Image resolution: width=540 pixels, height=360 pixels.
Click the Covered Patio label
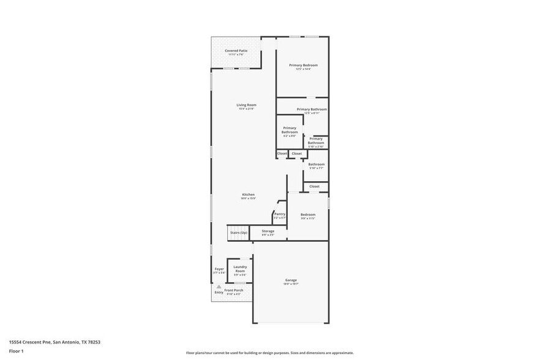[x=236, y=51]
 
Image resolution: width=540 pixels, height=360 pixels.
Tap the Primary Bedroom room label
[x=303, y=66]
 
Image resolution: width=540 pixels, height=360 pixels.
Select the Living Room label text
[x=246, y=105]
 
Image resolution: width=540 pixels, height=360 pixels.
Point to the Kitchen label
[x=248, y=195]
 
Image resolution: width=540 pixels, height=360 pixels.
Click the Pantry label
[x=280, y=214]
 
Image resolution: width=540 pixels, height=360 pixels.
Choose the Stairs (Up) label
[x=238, y=233]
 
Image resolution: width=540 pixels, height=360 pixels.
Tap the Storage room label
[x=268, y=231]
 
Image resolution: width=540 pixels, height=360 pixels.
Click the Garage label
[x=291, y=280]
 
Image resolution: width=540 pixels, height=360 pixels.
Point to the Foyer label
[x=219, y=269]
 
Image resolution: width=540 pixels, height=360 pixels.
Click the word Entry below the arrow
[x=219, y=293]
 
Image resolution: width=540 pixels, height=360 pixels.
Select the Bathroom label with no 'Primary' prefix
[x=316, y=164]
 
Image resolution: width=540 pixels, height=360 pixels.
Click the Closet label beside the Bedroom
[x=314, y=186]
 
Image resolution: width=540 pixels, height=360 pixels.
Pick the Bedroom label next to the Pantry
[x=307, y=215]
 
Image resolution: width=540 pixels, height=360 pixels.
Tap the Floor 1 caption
[x=16, y=351]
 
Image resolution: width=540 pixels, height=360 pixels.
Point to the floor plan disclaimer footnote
[x=269, y=353]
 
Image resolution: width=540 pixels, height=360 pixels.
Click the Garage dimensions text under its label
[x=291, y=284]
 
